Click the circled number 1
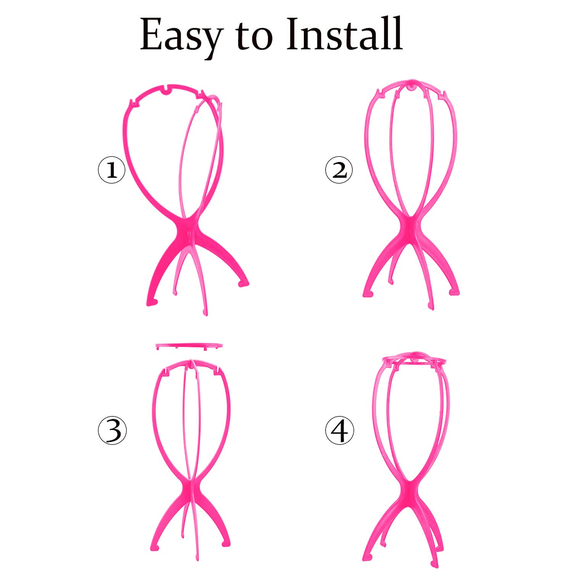coord(112,170)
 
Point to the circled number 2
coord(339,170)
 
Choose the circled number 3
coord(112,431)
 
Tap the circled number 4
coord(339,431)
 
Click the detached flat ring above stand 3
coord(189,346)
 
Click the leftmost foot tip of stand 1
coord(152,303)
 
